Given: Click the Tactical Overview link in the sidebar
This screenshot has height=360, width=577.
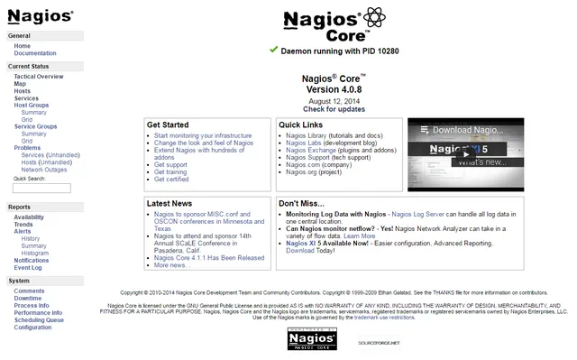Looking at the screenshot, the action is point(39,77).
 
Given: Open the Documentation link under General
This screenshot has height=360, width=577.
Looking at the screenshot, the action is point(35,53).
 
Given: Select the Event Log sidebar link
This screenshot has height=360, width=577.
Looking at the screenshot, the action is point(28,268).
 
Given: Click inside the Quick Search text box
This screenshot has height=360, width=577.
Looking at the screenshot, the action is point(42,188).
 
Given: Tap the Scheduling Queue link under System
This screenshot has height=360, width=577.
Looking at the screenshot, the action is point(39,320).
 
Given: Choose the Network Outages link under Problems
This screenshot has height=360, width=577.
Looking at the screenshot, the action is point(44,170).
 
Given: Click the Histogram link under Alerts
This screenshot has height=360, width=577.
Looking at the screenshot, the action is point(35,254).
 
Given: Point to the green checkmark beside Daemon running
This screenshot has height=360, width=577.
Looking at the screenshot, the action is point(273,50).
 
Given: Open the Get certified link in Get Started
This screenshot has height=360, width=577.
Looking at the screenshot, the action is point(172,180).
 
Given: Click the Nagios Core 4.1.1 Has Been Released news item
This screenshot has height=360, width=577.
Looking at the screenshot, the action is point(208,258).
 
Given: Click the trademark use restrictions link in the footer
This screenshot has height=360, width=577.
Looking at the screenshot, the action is point(384,318).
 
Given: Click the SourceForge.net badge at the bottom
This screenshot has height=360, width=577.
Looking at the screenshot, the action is point(378,343).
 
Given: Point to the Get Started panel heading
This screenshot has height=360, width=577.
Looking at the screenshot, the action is point(168,125).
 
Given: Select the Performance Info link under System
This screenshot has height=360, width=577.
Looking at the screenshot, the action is point(38,313).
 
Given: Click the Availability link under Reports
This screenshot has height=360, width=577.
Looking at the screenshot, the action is point(29,217).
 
